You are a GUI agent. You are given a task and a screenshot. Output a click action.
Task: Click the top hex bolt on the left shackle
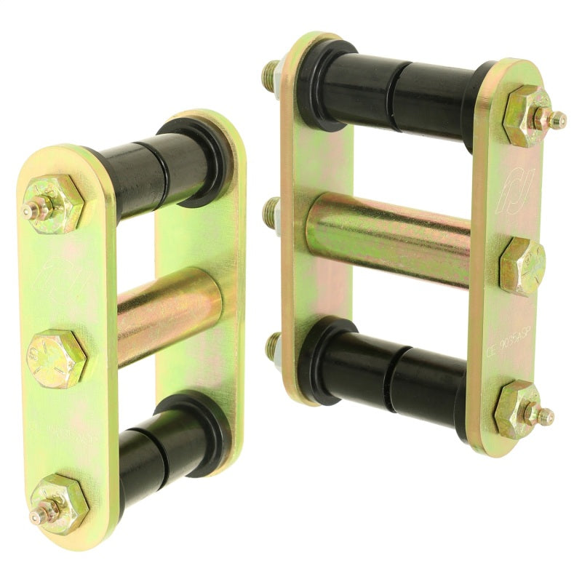pos(53,204)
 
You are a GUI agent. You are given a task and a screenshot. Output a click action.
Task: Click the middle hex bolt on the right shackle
pos(522,266)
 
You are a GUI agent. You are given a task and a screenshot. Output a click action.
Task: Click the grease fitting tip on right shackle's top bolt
pos(559,119)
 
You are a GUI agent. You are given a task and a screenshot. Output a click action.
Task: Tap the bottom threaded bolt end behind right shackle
pos(274,345)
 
